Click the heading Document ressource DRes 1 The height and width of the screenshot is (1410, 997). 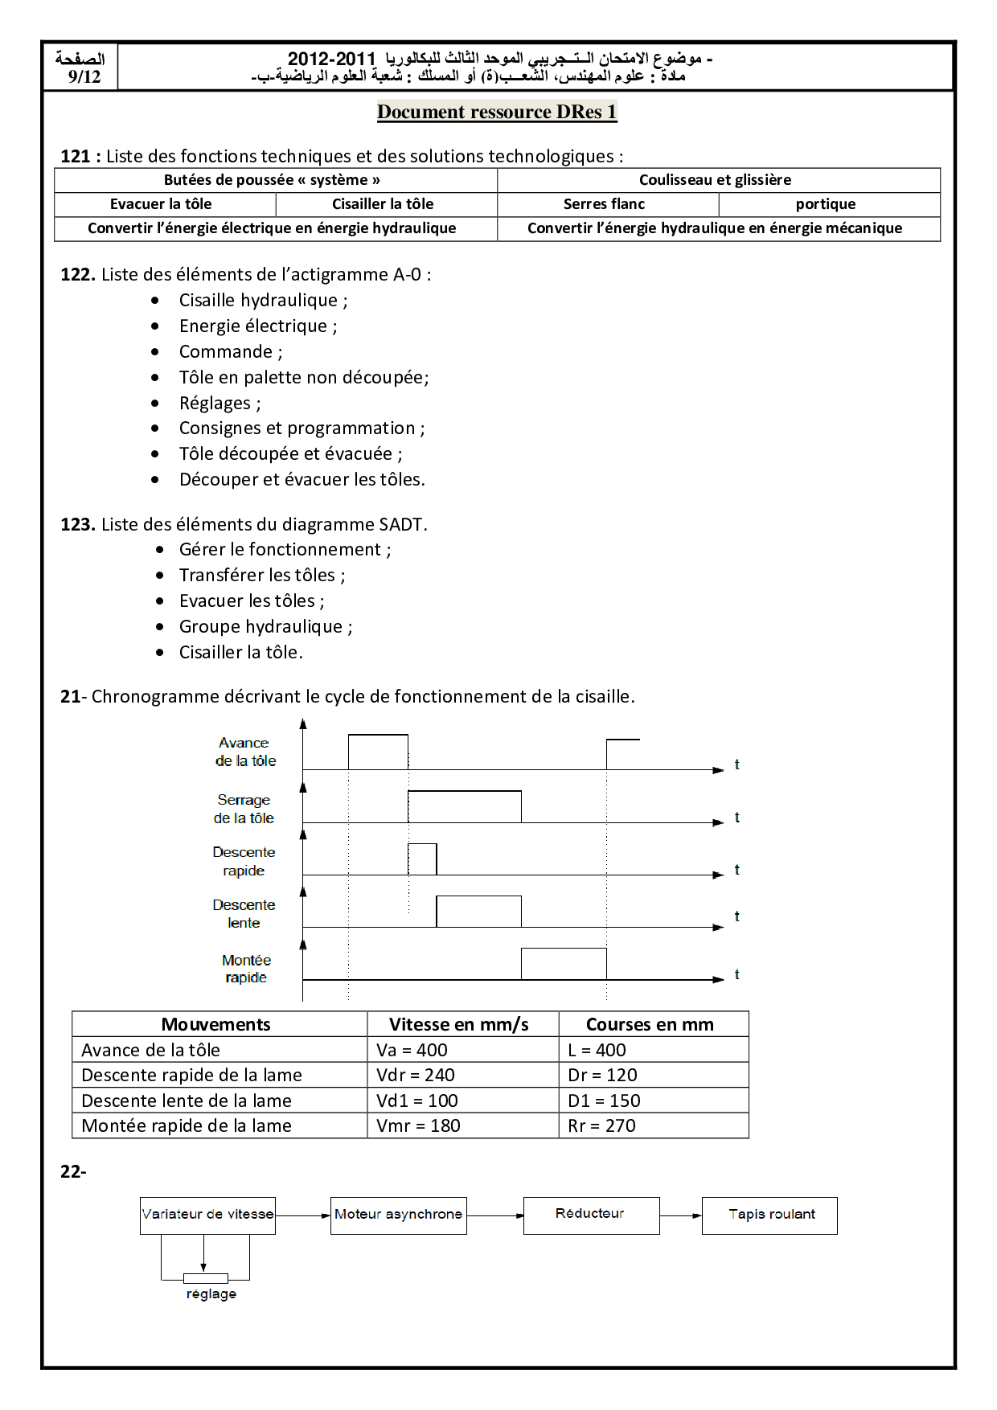coord(497,112)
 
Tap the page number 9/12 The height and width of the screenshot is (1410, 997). coord(84,77)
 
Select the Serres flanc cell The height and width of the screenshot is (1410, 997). coord(604,204)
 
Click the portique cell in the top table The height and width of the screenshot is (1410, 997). coord(826,204)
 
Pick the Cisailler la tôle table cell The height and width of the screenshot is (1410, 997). coord(383,204)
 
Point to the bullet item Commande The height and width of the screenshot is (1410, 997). coord(230,352)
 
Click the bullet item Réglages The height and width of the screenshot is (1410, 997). coord(220,404)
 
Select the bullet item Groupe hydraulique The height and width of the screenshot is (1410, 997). coord(265,627)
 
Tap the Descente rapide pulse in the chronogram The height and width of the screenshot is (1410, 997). coord(422,859)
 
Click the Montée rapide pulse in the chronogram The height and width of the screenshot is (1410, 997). coord(564,964)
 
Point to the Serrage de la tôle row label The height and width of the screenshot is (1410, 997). coord(244,809)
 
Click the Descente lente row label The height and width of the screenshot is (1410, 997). coord(244,914)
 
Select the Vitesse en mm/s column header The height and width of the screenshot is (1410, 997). coord(459,1025)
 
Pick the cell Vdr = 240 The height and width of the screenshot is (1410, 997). coord(416,1076)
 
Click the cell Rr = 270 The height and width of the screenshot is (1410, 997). coord(601,1126)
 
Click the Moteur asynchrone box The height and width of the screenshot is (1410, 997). coord(398,1215)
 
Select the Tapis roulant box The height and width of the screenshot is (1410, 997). coord(769,1215)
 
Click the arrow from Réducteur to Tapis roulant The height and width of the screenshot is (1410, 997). coord(681,1215)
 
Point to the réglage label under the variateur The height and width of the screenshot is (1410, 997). coord(211,1294)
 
